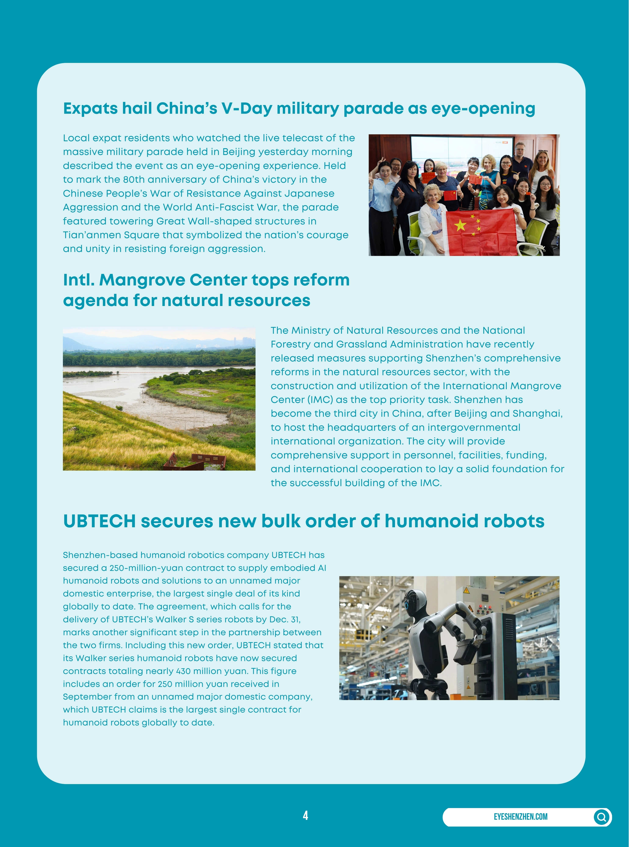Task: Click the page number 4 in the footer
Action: (305, 815)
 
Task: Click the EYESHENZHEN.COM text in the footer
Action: (521, 817)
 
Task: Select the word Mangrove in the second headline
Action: (142, 280)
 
